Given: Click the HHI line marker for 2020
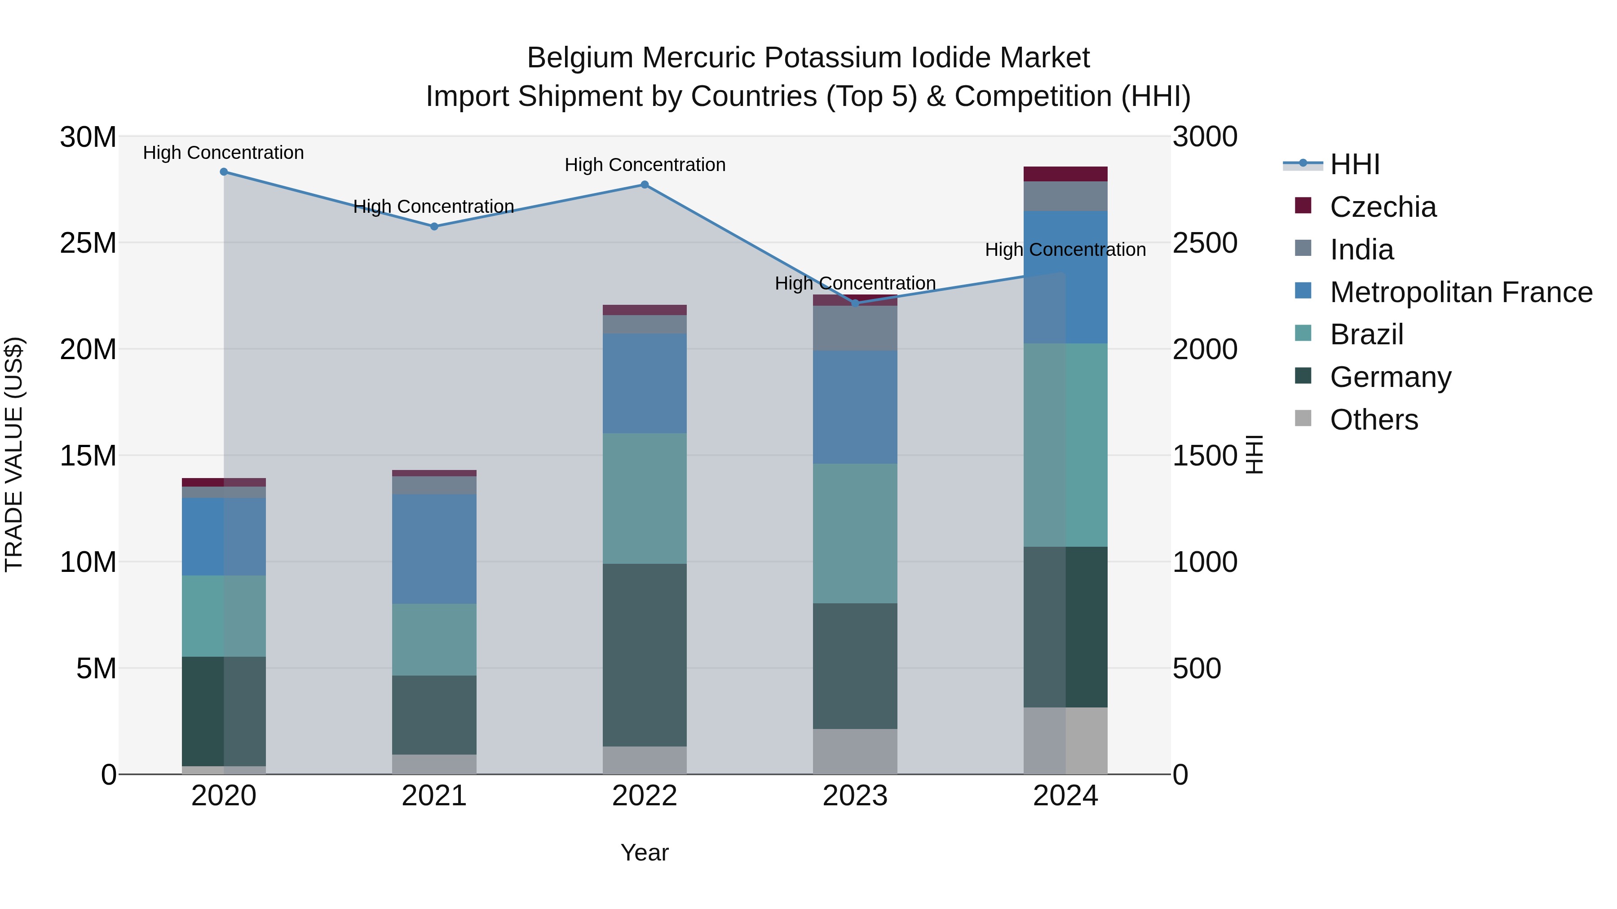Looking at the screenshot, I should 224,172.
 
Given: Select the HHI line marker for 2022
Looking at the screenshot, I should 645,184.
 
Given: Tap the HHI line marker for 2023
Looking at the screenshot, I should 855,303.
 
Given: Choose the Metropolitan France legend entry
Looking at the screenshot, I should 1460,292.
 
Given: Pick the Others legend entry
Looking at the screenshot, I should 1374,420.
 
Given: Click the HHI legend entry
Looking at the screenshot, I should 1355,164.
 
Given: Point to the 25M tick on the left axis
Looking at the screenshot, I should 88,243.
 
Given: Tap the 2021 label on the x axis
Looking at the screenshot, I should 434,796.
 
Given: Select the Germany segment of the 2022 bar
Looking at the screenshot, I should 645,654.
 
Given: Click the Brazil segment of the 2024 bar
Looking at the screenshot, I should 1065,445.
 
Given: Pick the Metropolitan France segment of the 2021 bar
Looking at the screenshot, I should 434,549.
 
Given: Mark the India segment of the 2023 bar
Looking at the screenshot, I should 855,328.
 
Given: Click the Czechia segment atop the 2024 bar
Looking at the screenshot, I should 1065,174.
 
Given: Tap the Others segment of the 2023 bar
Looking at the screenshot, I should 855,751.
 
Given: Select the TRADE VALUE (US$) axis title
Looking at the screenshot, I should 14,455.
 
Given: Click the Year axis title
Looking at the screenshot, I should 645,852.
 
